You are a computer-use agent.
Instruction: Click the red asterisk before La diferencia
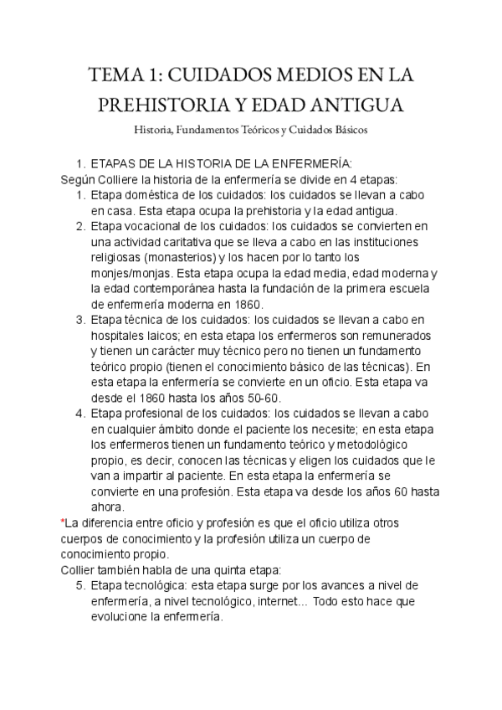point(64,522)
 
